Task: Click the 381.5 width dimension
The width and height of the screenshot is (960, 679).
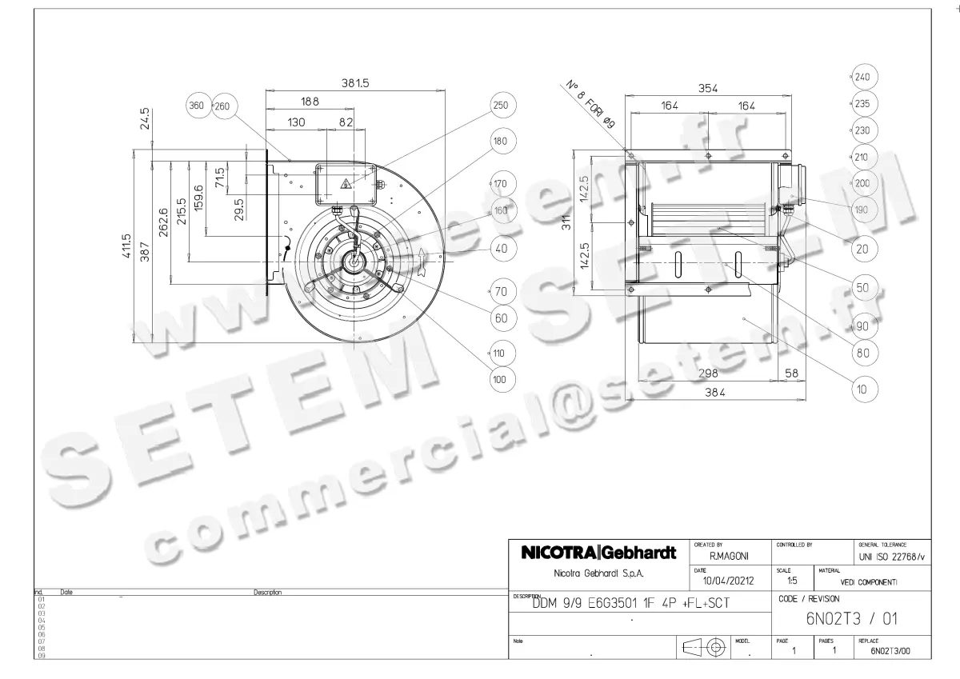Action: click(x=355, y=83)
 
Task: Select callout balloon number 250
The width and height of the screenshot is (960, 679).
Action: click(x=501, y=106)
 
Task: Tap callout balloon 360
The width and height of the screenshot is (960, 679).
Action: click(x=196, y=106)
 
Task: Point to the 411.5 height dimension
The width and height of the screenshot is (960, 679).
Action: click(x=126, y=249)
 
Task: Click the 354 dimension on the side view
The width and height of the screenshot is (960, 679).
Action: click(x=708, y=89)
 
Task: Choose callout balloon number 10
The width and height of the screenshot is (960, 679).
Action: click(x=862, y=390)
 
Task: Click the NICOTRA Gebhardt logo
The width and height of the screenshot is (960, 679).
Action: click(x=599, y=553)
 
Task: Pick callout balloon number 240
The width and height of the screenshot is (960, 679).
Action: click(x=862, y=78)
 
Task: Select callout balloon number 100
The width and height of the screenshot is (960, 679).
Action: click(x=501, y=380)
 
